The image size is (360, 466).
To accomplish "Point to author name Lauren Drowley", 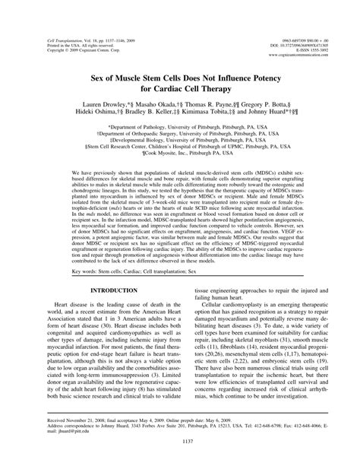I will [x=100, y=111].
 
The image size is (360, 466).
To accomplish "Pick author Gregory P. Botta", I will [x=276, y=111].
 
